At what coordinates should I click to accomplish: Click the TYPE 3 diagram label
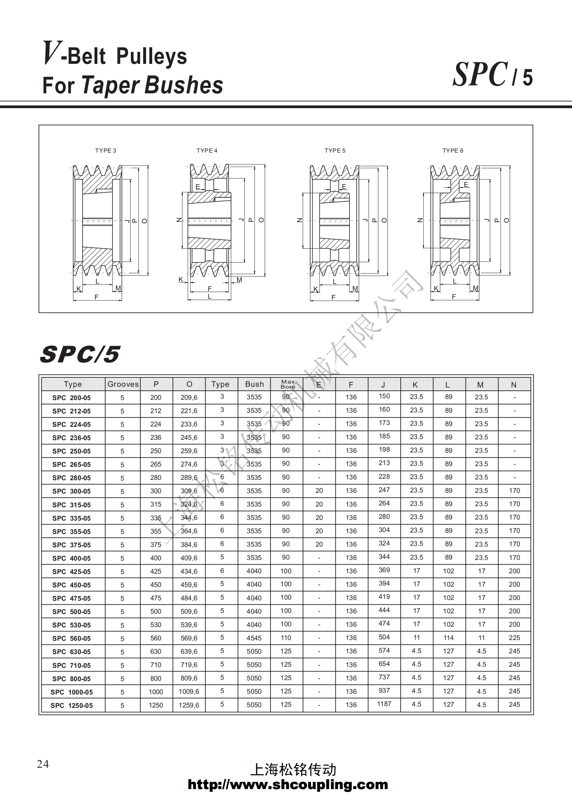105,150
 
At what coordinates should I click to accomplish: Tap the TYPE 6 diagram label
453,150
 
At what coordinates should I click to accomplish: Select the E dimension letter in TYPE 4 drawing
198,187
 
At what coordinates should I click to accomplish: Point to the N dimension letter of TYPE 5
299,220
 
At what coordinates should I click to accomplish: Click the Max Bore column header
288,384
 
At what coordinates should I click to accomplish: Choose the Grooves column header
123,384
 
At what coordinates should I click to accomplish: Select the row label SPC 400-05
71,558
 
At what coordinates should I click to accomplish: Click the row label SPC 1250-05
71,705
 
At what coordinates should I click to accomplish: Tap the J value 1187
384,704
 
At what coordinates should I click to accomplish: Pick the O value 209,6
189,397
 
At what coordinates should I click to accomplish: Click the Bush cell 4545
254,638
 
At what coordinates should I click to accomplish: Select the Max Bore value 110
286,638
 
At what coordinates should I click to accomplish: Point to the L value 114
448,638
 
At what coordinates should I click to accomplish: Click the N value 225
514,638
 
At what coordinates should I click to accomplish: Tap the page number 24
43,763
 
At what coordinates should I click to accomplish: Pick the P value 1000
156,692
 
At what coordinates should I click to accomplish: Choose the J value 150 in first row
384,396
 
